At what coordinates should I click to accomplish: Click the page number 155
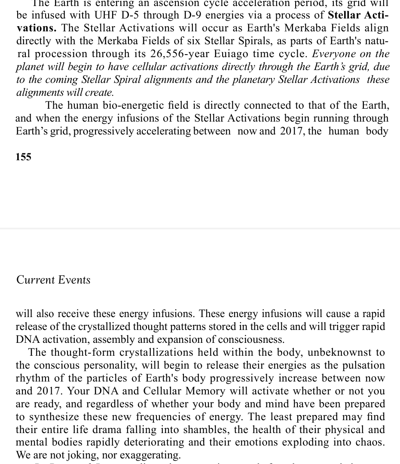[x=24, y=157]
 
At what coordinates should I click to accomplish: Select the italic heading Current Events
[x=53, y=280]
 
